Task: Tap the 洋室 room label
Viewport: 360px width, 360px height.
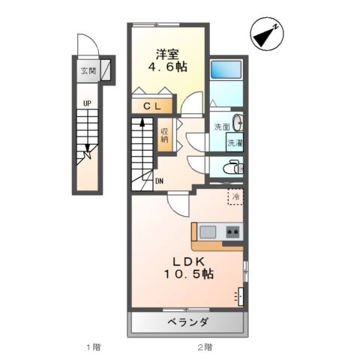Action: tap(167, 54)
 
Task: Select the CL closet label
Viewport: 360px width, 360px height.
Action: tap(153, 106)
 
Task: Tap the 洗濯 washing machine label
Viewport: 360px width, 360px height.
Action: tap(235, 142)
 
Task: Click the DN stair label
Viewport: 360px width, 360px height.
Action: tap(160, 181)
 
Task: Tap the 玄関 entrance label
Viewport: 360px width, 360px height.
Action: tap(88, 72)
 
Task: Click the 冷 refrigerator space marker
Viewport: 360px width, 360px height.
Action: tap(235, 197)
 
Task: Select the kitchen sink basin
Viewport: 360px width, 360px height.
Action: tap(208, 231)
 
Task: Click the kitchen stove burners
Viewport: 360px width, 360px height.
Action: tap(232, 231)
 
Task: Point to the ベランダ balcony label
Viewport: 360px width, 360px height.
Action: tap(188, 322)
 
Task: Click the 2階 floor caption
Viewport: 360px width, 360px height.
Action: tap(205, 346)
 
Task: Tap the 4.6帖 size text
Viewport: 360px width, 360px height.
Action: tap(167, 67)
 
